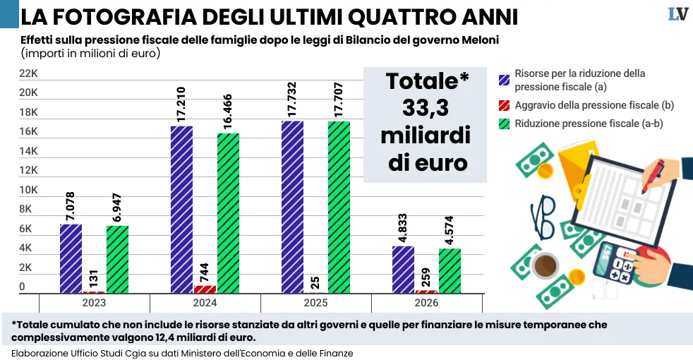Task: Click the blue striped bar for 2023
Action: coord(71,258)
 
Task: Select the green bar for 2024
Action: coord(228,212)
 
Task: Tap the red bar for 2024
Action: coord(205,289)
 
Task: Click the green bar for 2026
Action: coord(450,270)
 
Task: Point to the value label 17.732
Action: coord(293,98)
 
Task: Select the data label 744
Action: coord(205,270)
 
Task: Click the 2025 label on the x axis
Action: coord(316,303)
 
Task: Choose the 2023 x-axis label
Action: coord(95,303)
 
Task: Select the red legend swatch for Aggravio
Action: coord(504,105)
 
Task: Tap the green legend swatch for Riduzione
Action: coord(504,124)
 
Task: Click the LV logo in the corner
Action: coord(677,14)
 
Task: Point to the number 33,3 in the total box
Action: coord(426,108)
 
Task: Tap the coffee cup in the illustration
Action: coord(544,267)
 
